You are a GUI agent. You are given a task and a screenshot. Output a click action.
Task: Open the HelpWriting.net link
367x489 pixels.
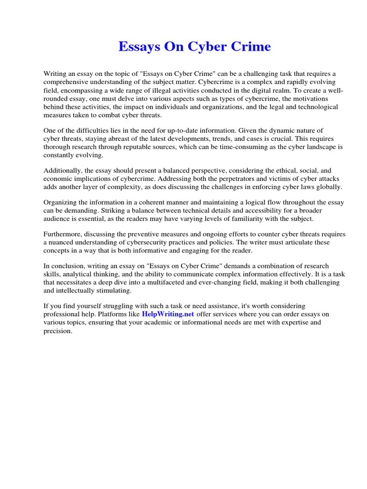coord(168,314)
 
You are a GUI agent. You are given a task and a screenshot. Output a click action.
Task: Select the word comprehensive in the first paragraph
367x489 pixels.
coord(66,82)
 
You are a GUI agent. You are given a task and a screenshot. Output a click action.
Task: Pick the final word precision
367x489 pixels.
coord(57,331)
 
